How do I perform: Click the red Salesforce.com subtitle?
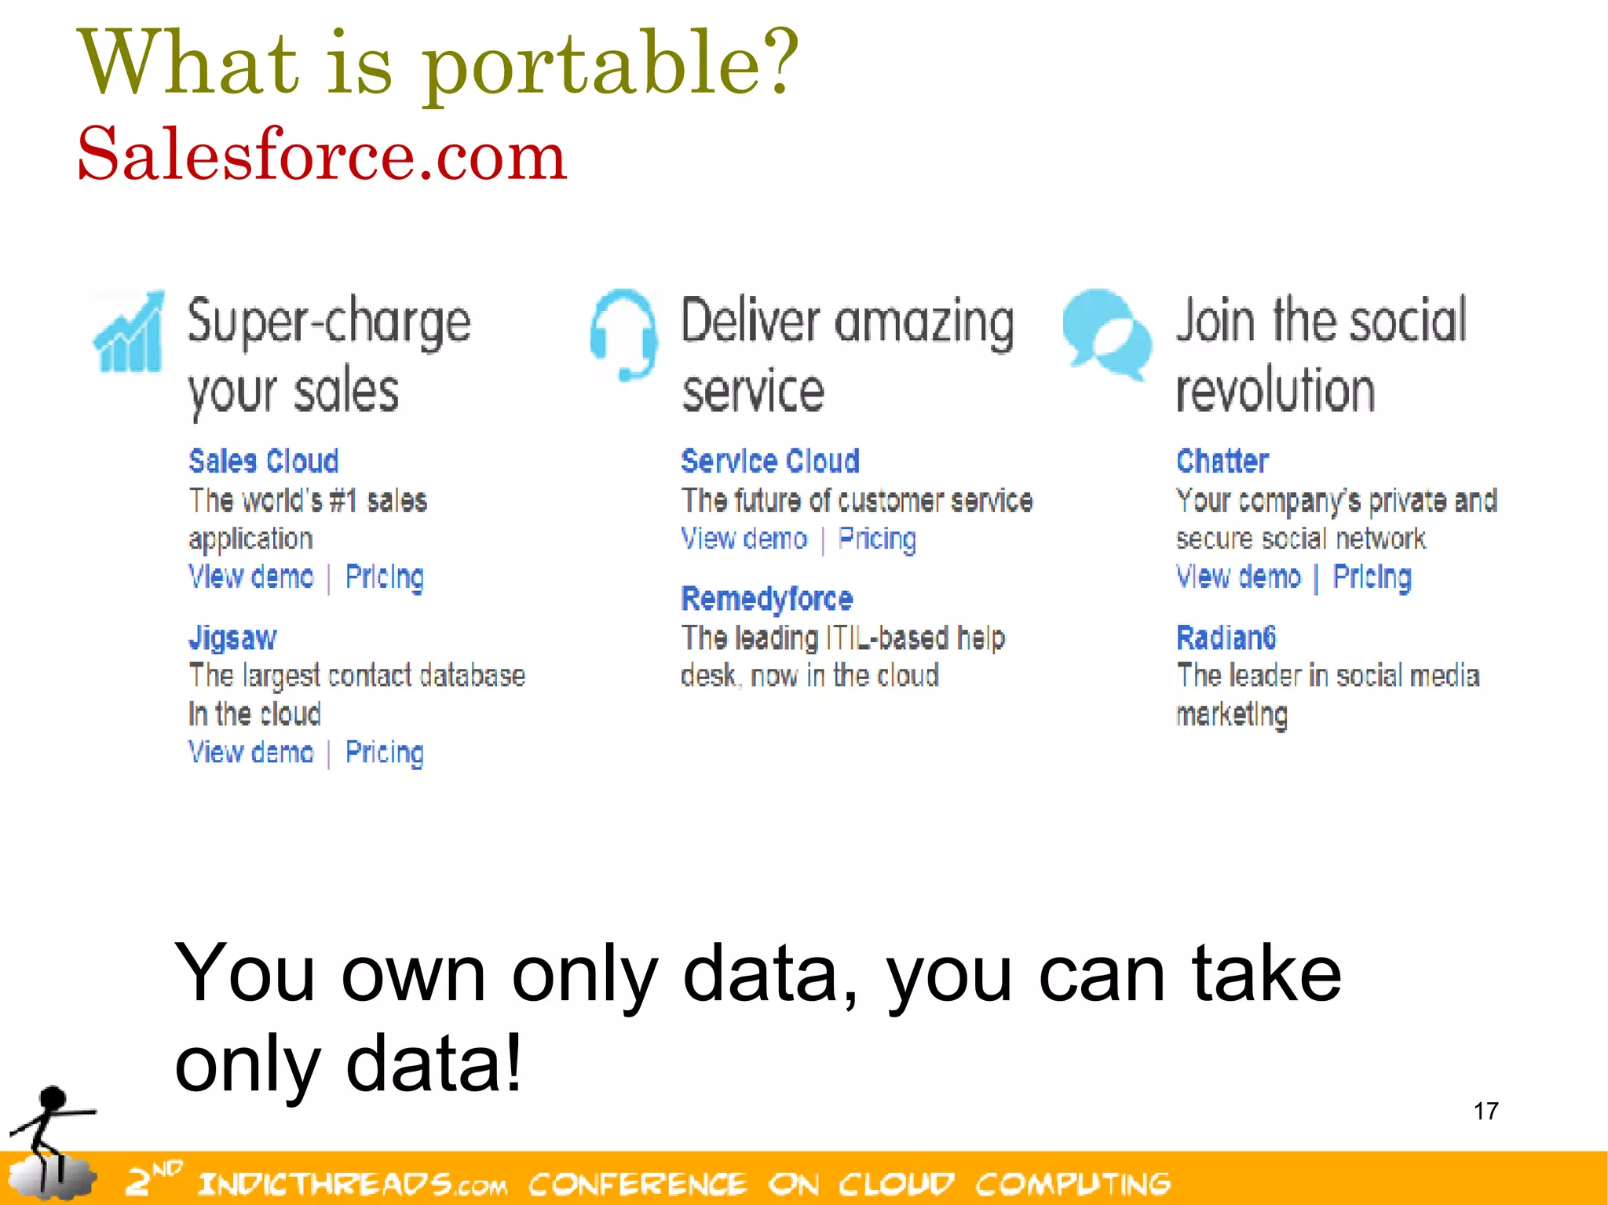tap(322, 155)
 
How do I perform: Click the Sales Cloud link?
tap(263, 461)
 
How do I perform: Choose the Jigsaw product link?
tap(232, 637)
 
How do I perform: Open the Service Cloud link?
tap(769, 461)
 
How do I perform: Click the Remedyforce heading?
tap(766, 599)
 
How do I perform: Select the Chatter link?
tap(1222, 461)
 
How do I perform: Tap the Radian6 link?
tap(1226, 637)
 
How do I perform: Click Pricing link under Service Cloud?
tap(877, 539)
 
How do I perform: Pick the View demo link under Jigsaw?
tap(250, 752)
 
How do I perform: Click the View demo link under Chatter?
tap(1238, 577)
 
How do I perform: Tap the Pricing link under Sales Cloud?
tap(384, 577)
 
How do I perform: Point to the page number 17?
tap(1486, 1111)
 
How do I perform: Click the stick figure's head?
tap(53, 1097)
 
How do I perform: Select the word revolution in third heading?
tap(1275, 391)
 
